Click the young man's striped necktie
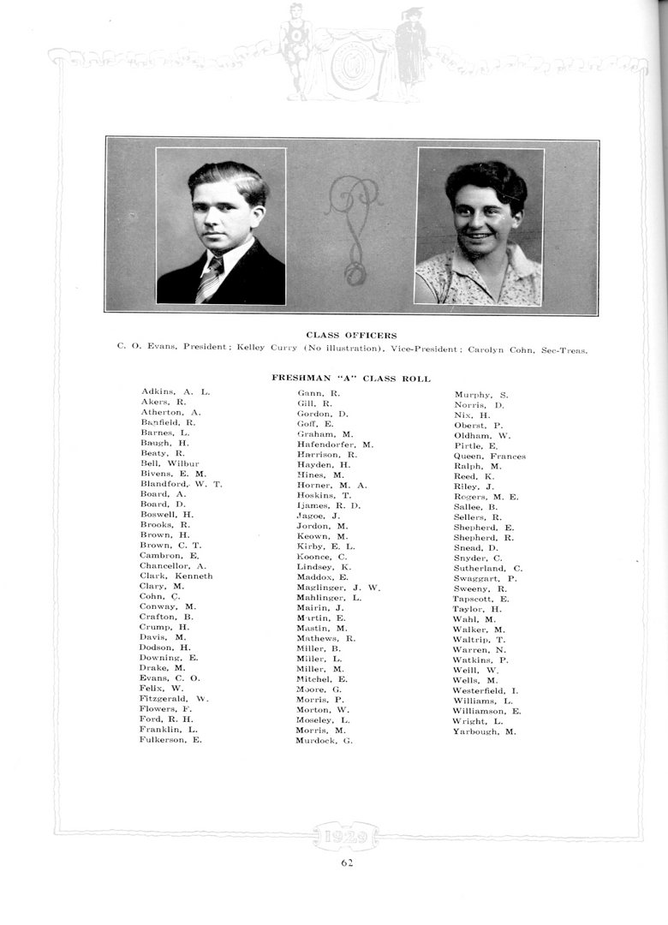coord(210,277)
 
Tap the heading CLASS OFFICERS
coord(351,335)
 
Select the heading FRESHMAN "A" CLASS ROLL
coord(351,378)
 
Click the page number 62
coord(347,862)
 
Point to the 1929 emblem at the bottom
coord(346,834)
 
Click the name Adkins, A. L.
coord(176,392)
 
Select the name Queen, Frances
coord(489,457)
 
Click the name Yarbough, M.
coord(485,731)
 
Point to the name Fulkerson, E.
coord(170,740)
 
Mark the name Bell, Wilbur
coord(170,463)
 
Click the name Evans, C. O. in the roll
coord(170,677)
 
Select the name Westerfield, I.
coord(486,690)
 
